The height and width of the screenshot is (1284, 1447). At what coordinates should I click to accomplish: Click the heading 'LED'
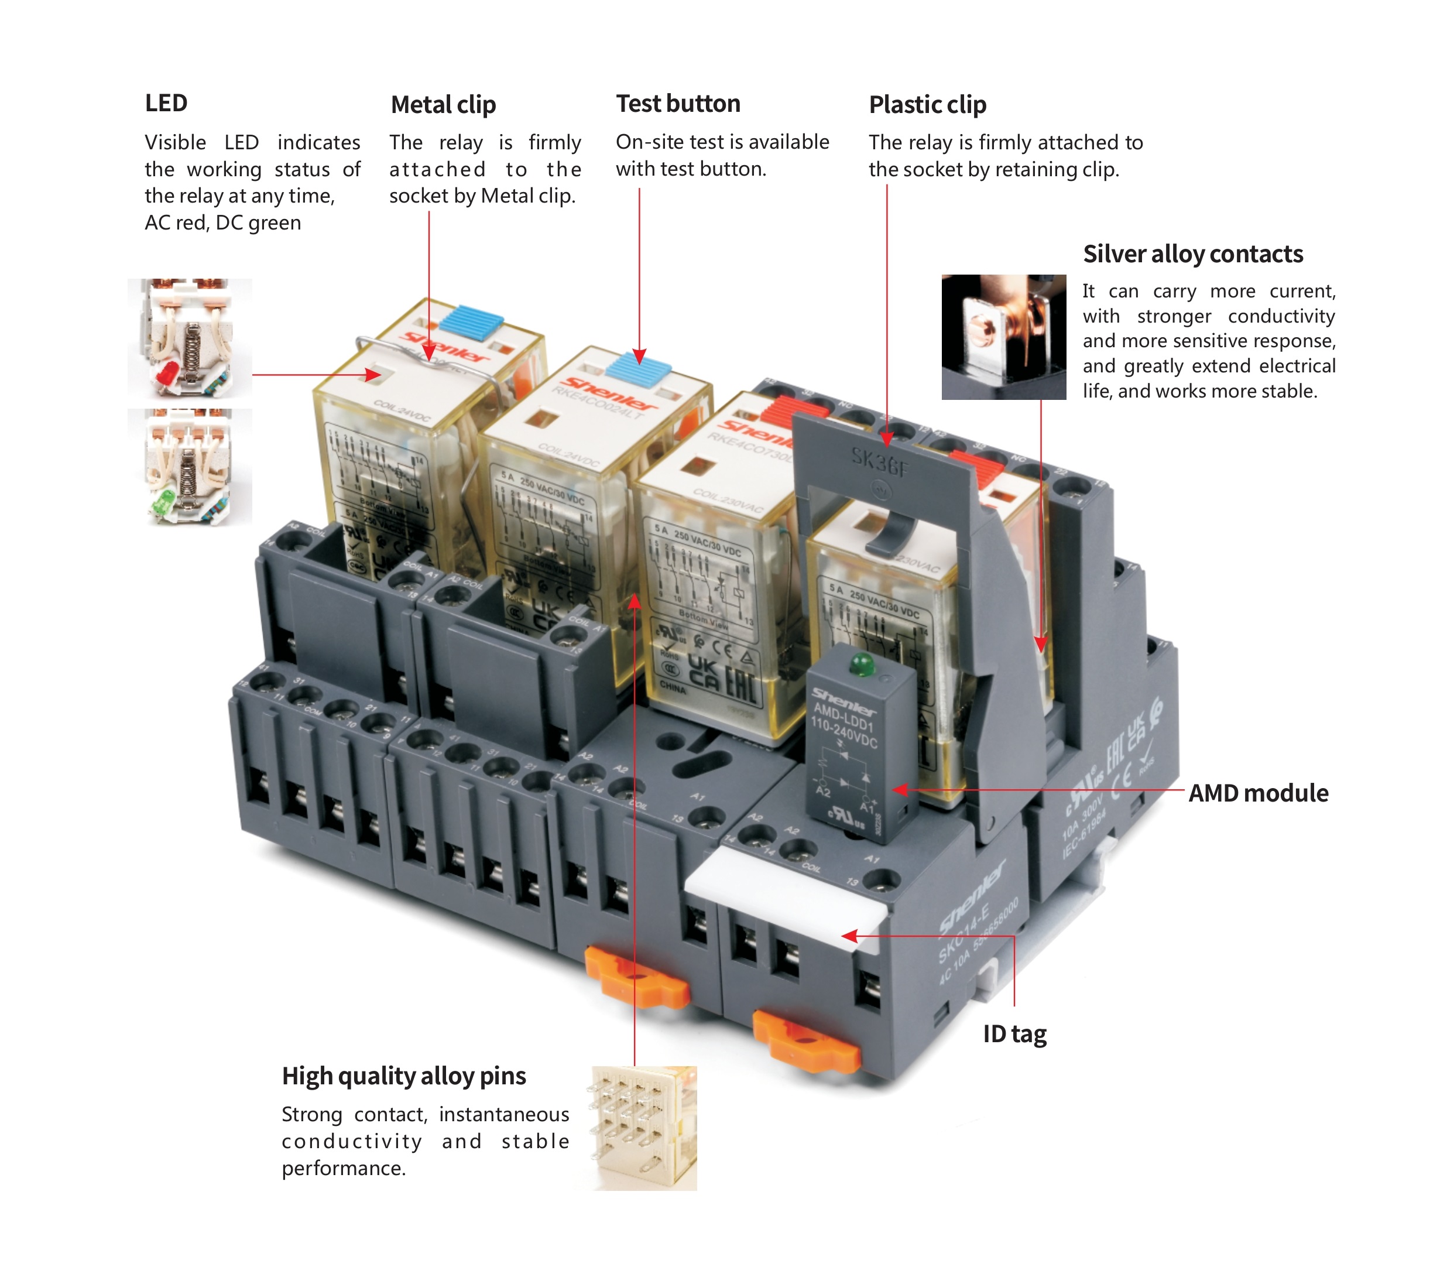point(166,104)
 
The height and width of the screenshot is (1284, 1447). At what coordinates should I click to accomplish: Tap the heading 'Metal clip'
point(443,105)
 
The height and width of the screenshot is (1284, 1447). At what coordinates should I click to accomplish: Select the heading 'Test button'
point(677,104)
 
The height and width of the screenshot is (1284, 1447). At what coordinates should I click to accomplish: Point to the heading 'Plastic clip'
point(927,105)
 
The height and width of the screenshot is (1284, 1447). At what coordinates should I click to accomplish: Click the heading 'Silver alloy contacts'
point(1192,254)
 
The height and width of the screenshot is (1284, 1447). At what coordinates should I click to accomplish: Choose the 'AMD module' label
point(1257,793)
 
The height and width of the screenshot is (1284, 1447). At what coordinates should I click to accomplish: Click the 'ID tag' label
point(1014,1034)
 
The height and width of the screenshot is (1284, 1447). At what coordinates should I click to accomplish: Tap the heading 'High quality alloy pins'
point(403,1076)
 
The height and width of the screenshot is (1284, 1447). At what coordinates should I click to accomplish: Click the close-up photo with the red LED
point(190,338)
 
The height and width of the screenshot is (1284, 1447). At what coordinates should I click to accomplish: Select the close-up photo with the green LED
point(190,467)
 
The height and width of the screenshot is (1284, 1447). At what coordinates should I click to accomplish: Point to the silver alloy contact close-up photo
point(1003,337)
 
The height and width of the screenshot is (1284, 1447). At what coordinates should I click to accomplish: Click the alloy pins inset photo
point(644,1128)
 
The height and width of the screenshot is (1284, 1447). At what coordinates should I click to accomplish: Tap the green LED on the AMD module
point(862,665)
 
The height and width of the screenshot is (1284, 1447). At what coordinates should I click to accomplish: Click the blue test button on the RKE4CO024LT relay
point(638,368)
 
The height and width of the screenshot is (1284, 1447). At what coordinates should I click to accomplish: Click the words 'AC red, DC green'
point(223,223)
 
